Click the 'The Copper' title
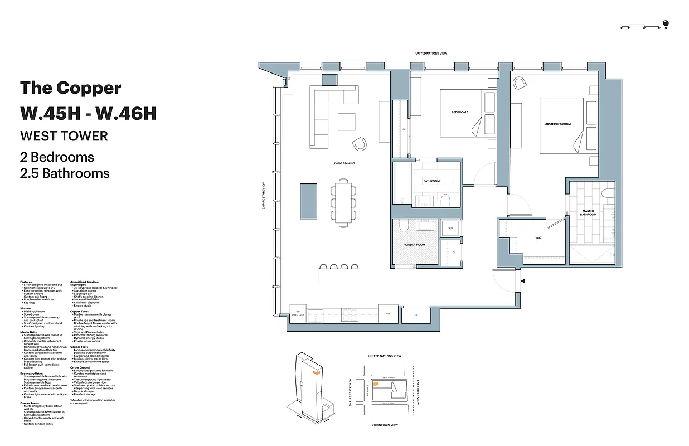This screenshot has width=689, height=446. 70,88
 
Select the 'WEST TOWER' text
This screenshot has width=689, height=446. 64,135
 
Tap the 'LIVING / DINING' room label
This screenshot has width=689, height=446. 343,163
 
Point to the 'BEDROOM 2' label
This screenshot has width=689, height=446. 460,113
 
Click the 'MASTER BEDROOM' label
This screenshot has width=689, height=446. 557,124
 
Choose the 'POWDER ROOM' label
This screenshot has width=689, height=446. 414,245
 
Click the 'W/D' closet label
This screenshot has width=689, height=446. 450,228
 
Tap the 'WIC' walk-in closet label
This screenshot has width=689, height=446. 538,238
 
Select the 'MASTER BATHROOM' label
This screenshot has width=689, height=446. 588,212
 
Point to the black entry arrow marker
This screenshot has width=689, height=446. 522,282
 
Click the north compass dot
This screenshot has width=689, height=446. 666,23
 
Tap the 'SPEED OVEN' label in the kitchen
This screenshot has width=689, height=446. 298,314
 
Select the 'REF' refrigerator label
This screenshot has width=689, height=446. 388,314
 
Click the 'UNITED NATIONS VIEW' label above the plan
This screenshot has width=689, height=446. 431,54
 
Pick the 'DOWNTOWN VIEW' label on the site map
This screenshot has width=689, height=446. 385,425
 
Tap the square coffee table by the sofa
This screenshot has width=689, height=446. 346,122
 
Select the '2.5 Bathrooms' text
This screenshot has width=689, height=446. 65,173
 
